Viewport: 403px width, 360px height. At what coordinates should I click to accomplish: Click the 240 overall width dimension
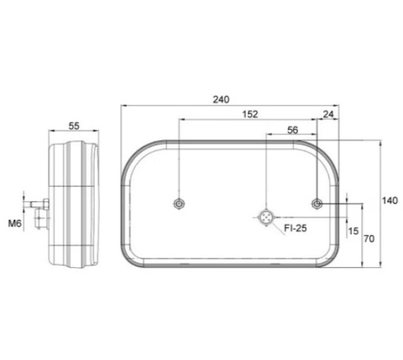coord(221,99)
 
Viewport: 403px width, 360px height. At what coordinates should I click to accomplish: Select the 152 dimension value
coord(250,114)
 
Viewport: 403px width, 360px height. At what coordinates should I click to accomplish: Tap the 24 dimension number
coord(329,114)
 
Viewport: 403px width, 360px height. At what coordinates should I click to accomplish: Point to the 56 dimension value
coord(293,130)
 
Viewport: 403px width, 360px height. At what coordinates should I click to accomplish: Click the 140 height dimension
coord(390,201)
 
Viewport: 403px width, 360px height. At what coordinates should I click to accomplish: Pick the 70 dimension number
coord(369,239)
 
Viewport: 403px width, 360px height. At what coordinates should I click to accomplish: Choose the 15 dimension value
coord(353,231)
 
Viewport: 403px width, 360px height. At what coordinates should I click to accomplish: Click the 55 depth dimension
coord(74,126)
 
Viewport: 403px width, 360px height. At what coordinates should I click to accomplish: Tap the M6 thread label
coord(15,223)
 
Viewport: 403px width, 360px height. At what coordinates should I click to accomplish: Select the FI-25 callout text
coord(296,228)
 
